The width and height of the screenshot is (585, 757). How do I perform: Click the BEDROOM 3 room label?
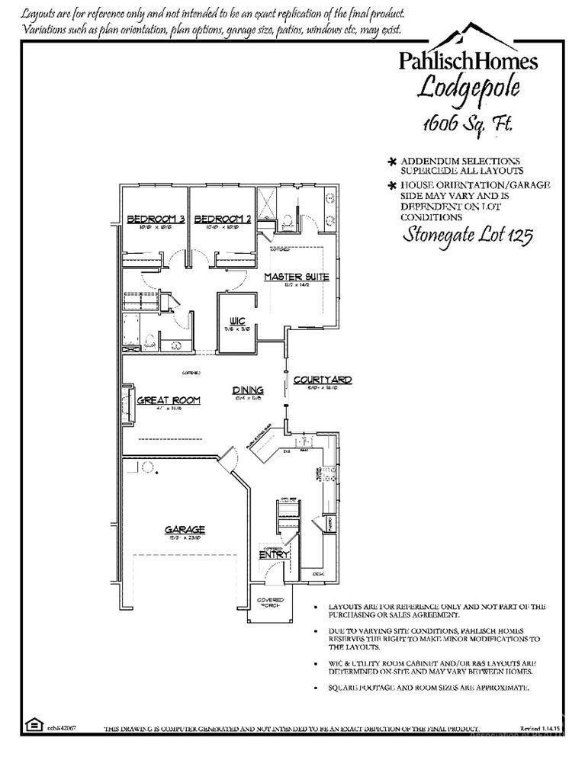156,220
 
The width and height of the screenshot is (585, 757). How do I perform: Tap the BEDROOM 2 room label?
223,220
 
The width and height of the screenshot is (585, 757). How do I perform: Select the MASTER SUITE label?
297,277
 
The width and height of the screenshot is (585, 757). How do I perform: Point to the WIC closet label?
236,322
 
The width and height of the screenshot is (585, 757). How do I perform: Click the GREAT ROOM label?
169,400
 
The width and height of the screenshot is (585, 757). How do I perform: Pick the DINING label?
248,391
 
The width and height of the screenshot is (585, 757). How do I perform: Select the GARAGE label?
185,529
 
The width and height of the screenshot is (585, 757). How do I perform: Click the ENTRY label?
274,555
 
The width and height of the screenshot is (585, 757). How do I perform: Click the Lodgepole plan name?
469,88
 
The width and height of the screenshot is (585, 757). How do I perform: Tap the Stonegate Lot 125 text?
467,234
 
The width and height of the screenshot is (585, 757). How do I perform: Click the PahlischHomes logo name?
469,60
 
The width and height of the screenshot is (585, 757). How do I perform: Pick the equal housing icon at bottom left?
34,723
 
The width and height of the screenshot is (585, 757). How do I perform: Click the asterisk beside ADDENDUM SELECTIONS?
393,162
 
